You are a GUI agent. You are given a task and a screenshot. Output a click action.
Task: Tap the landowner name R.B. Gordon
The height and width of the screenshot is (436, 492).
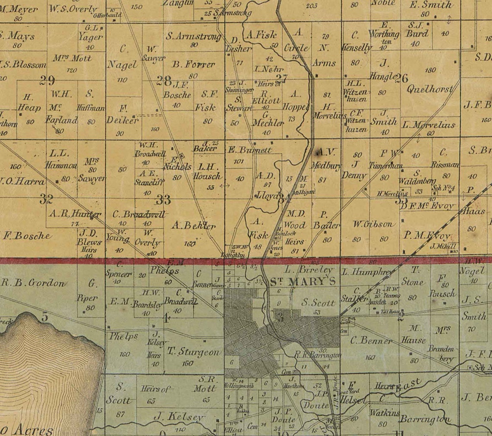click(34, 283)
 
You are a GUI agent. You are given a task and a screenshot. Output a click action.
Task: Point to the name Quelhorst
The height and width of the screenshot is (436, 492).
click(430, 90)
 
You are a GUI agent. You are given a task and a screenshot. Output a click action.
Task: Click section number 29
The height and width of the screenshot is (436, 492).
click(47, 80)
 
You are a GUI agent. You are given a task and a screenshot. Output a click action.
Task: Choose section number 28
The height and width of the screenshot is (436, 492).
click(164, 81)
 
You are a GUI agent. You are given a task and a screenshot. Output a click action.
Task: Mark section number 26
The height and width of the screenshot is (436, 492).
click(401, 78)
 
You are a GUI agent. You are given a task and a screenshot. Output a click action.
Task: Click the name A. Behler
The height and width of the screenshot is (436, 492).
click(193, 225)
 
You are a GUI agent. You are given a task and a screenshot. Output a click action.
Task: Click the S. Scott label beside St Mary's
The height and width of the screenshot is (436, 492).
click(319, 303)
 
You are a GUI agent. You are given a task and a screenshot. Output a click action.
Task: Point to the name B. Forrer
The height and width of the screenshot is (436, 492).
click(193, 65)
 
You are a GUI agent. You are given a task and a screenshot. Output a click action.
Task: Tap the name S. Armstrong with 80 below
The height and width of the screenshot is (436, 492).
click(193, 37)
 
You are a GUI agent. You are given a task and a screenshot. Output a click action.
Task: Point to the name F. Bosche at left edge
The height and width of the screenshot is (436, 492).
click(27, 236)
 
